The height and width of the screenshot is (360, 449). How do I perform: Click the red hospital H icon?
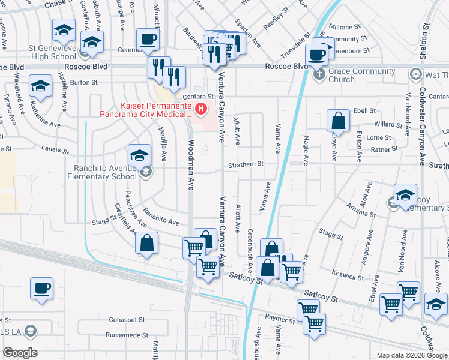coord(202,109)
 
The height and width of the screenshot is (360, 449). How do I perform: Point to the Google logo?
coord(20,353)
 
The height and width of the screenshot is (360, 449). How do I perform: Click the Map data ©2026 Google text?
coord(411,355)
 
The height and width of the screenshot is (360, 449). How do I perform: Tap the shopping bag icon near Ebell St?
coord(339,121)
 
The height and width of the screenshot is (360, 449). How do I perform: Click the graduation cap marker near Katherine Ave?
coord(40,86)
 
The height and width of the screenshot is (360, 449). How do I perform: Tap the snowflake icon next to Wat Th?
coord(415,74)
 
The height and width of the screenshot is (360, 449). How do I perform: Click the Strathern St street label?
coord(245,164)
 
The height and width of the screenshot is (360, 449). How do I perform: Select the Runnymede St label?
coord(127,335)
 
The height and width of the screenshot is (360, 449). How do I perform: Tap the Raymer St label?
coord(282,321)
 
